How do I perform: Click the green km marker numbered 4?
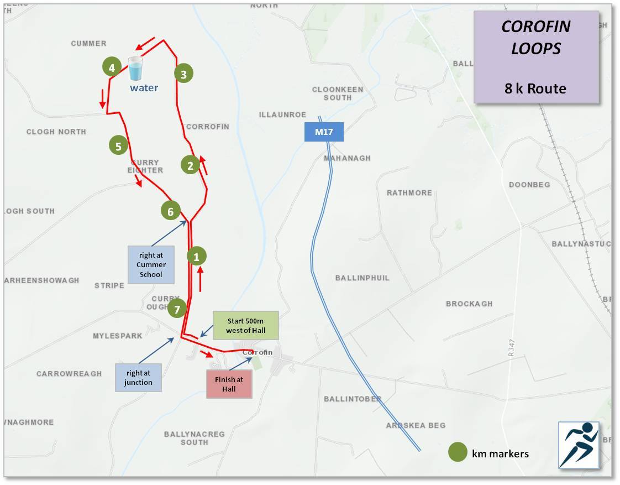pyautogui.click(x=112, y=67)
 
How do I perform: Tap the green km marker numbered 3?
pyautogui.click(x=184, y=73)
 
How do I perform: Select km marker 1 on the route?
pyautogui.click(x=196, y=256)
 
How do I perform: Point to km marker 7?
pyautogui.click(x=177, y=309)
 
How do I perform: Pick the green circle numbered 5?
pyautogui.click(x=118, y=146)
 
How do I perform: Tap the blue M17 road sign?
pyautogui.click(x=324, y=132)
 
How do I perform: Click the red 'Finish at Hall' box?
pyautogui.click(x=229, y=384)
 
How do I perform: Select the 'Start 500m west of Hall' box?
pyautogui.click(x=246, y=326)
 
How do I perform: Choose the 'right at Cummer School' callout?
pyautogui.click(x=151, y=264)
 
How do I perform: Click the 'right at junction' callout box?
pyautogui.click(x=138, y=377)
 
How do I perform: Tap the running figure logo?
pyautogui.click(x=579, y=445)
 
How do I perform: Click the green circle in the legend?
pyautogui.click(x=458, y=452)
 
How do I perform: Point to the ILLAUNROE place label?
pyautogui.click(x=282, y=114)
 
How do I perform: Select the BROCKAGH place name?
pyautogui.click(x=469, y=304)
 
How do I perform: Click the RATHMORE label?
pyautogui.click(x=409, y=193)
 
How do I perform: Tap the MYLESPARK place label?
pyautogui.click(x=117, y=336)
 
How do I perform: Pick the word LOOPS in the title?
pyautogui.click(x=535, y=49)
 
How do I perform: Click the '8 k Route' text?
pyautogui.click(x=535, y=88)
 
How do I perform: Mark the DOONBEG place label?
pyautogui.click(x=529, y=184)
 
